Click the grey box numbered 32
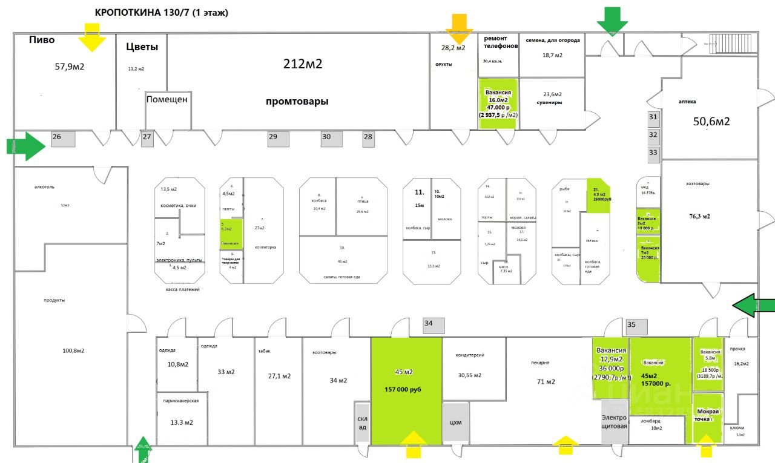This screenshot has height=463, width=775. [653, 135]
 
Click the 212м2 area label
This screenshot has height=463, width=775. [303, 64]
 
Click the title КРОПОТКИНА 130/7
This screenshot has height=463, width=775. [161, 13]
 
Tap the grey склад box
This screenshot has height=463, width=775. [361, 422]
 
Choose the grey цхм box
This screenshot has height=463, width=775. [456, 422]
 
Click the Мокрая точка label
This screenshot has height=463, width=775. [707, 415]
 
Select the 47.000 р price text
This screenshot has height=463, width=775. [498, 107]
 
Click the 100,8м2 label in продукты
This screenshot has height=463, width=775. [73, 350]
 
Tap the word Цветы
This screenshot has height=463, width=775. [142, 47]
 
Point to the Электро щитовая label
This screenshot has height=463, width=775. [613, 421]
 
